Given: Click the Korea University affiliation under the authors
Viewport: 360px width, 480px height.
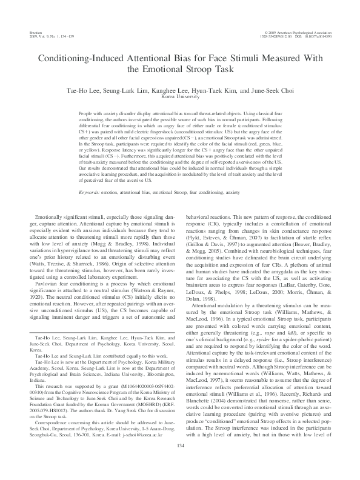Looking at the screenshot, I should coord(180,96).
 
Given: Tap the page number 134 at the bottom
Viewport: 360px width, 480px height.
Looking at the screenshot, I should coord(180,462).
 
